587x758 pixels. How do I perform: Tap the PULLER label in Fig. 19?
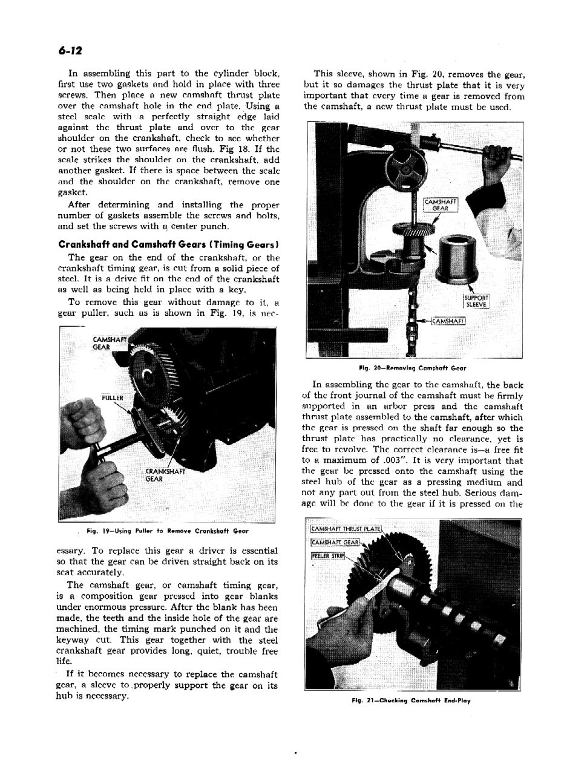click(113, 397)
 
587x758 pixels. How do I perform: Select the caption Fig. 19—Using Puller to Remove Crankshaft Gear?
click(168, 531)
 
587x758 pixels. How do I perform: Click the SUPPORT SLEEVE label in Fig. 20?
click(477, 301)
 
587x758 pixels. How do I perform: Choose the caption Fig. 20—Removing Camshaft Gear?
click(412, 367)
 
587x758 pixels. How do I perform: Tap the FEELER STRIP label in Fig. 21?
click(327, 555)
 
